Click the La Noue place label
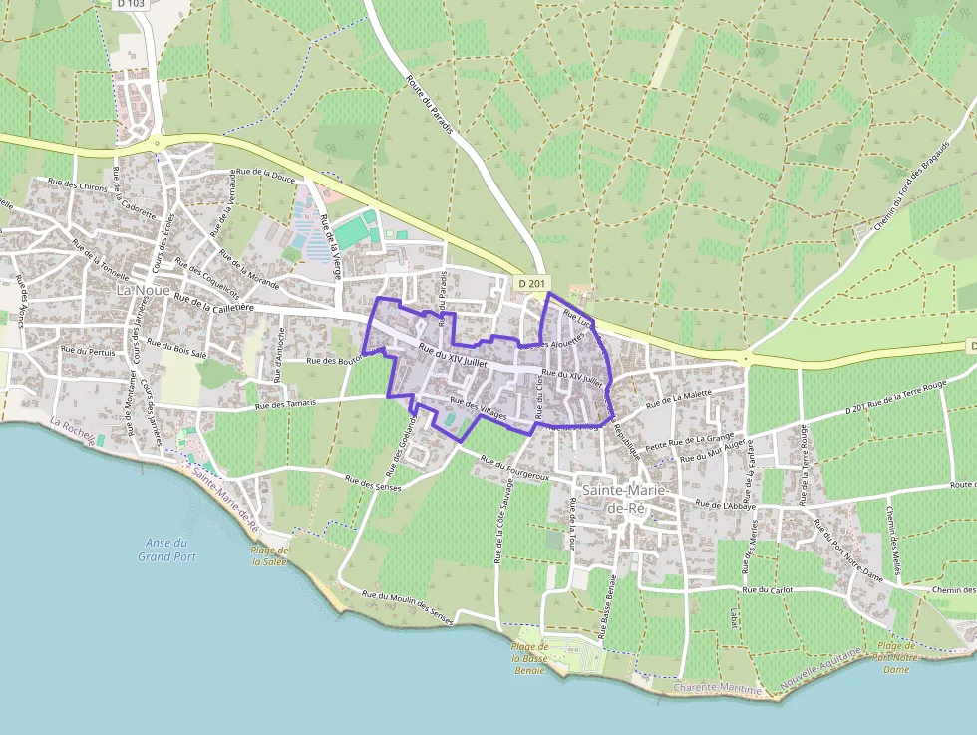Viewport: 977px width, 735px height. pos(139,290)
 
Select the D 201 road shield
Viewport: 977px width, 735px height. pos(533,285)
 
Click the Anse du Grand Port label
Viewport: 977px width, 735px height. pos(166,550)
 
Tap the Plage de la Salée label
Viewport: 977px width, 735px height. pos(269,555)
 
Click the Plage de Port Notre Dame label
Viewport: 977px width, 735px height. pos(894,657)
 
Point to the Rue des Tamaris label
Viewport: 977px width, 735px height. pos(285,404)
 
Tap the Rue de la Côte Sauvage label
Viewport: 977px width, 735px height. pos(499,524)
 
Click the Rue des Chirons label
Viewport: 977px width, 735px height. pos(78,186)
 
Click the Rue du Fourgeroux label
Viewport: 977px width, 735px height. pos(514,468)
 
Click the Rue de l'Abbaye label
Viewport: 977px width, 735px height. pos(728,505)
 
